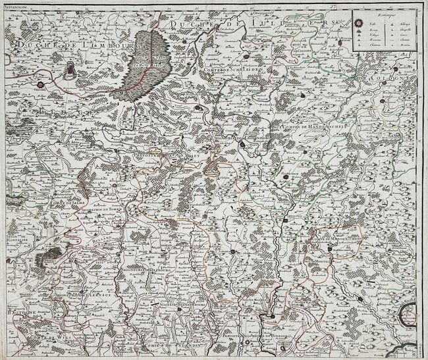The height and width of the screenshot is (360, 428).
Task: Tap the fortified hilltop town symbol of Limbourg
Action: tap(70, 69)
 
